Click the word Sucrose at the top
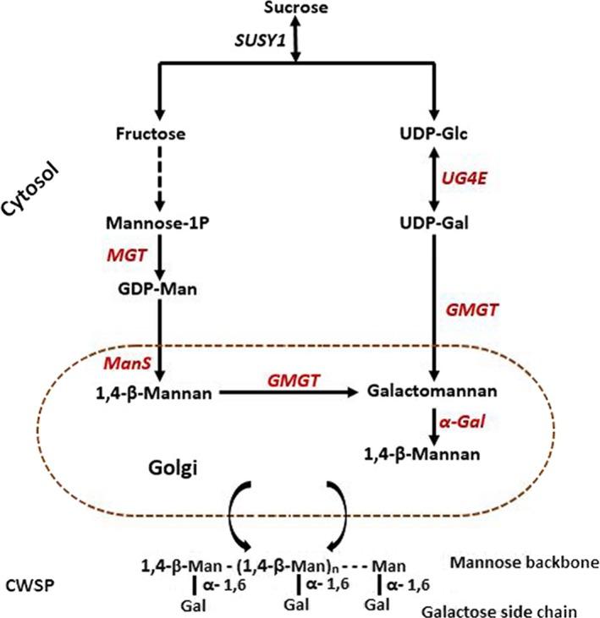coord(295,9)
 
